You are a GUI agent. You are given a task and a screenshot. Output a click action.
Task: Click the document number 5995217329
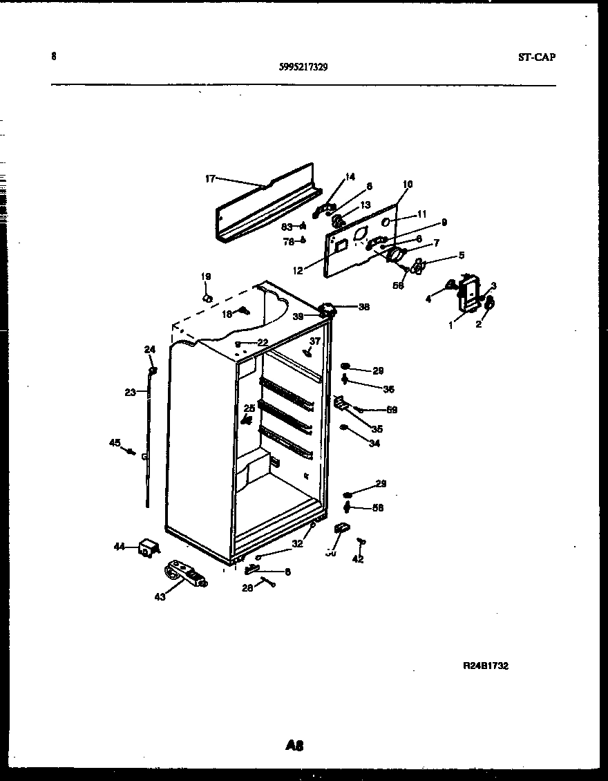pyautogui.click(x=303, y=67)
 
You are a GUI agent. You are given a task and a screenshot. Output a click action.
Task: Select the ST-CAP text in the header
pyautogui.click(x=536, y=57)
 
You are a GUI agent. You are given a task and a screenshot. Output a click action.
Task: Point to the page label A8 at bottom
pyautogui.click(x=294, y=745)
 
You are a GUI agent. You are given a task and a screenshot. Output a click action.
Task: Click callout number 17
pyautogui.click(x=210, y=178)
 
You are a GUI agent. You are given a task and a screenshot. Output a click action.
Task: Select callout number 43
pyautogui.click(x=160, y=597)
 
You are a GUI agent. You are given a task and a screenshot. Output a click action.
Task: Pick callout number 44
pyautogui.click(x=120, y=547)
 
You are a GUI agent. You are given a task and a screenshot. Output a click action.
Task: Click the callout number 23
pyautogui.click(x=130, y=393)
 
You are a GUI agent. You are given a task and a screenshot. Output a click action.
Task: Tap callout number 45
pyautogui.click(x=115, y=443)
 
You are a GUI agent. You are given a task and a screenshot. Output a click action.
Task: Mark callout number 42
pyautogui.click(x=357, y=560)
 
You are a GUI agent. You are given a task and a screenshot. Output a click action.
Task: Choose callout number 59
pyautogui.click(x=392, y=410)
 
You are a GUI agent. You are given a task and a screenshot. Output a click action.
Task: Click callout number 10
pyautogui.click(x=407, y=184)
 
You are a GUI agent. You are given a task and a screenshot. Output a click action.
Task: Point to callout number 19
pyautogui.click(x=205, y=276)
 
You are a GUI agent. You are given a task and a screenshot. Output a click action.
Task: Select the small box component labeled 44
pyautogui.click(x=147, y=548)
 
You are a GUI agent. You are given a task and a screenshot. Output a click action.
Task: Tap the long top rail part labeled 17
pyautogui.click(x=266, y=206)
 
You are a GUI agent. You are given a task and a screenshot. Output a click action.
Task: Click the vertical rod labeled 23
pyautogui.click(x=148, y=442)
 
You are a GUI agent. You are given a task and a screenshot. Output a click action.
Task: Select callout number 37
pyautogui.click(x=315, y=341)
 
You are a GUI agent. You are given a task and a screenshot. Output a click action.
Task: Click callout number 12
pyautogui.click(x=297, y=271)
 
